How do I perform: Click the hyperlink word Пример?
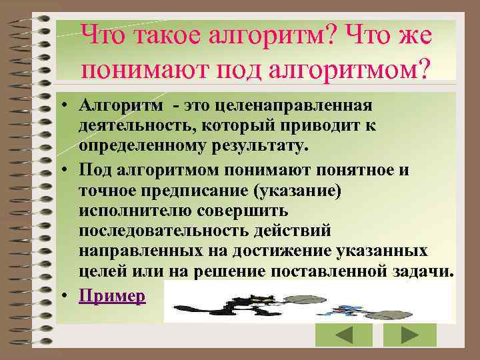pyautogui.click(x=112, y=296)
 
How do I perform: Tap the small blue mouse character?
pyautogui.click(x=347, y=308)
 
